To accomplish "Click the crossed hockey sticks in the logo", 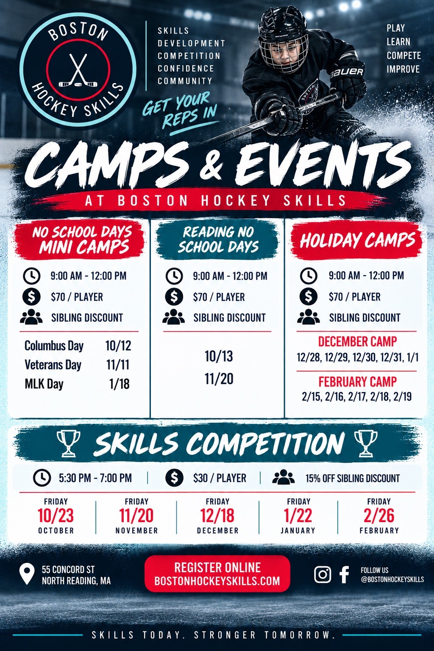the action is click(x=78, y=70).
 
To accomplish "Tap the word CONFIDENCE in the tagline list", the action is click(x=186, y=68).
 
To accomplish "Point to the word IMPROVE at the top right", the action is click(x=403, y=69).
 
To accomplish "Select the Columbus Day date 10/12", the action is click(x=118, y=345).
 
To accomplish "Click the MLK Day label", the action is click(x=44, y=384).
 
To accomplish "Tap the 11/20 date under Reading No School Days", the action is click(x=219, y=378).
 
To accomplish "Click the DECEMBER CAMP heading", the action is click(x=357, y=342).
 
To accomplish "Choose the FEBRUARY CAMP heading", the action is click(x=358, y=381).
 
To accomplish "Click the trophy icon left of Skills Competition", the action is click(x=68, y=443).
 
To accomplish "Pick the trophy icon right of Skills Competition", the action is click(x=366, y=443).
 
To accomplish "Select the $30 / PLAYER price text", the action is click(x=220, y=478).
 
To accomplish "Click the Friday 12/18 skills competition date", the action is click(x=217, y=515).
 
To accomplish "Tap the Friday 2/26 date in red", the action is click(x=379, y=515).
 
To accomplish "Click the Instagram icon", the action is click(x=323, y=575).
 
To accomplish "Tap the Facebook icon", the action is click(x=344, y=575).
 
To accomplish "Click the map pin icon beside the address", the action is click(x=27, y=574).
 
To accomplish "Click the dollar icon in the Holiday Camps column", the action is click(x=309, y=297).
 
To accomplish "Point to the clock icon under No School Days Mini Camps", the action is click(x=31, y=275).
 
